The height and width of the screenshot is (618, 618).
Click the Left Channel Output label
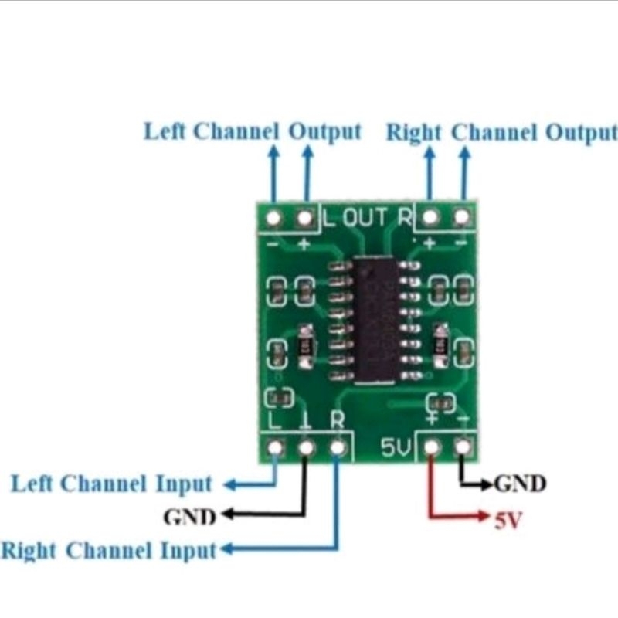(253, 131)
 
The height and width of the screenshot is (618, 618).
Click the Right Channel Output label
(502, 133)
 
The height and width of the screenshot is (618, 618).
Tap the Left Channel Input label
(111, 484)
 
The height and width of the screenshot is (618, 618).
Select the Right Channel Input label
(109, 552)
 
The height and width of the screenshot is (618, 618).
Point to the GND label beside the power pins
(520, 484)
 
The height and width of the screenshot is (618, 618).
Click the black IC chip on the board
(377, 320)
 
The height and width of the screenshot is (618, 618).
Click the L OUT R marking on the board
(367, 218)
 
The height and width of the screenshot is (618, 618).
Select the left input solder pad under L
(275, 447)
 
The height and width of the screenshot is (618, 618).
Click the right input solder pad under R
(338, 447)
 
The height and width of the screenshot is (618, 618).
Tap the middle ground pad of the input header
(307, 447)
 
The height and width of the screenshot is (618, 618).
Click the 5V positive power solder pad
(432, 447)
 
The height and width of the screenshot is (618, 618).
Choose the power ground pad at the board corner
(463, 447)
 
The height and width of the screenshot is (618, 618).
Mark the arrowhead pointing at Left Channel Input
(229, 485)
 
